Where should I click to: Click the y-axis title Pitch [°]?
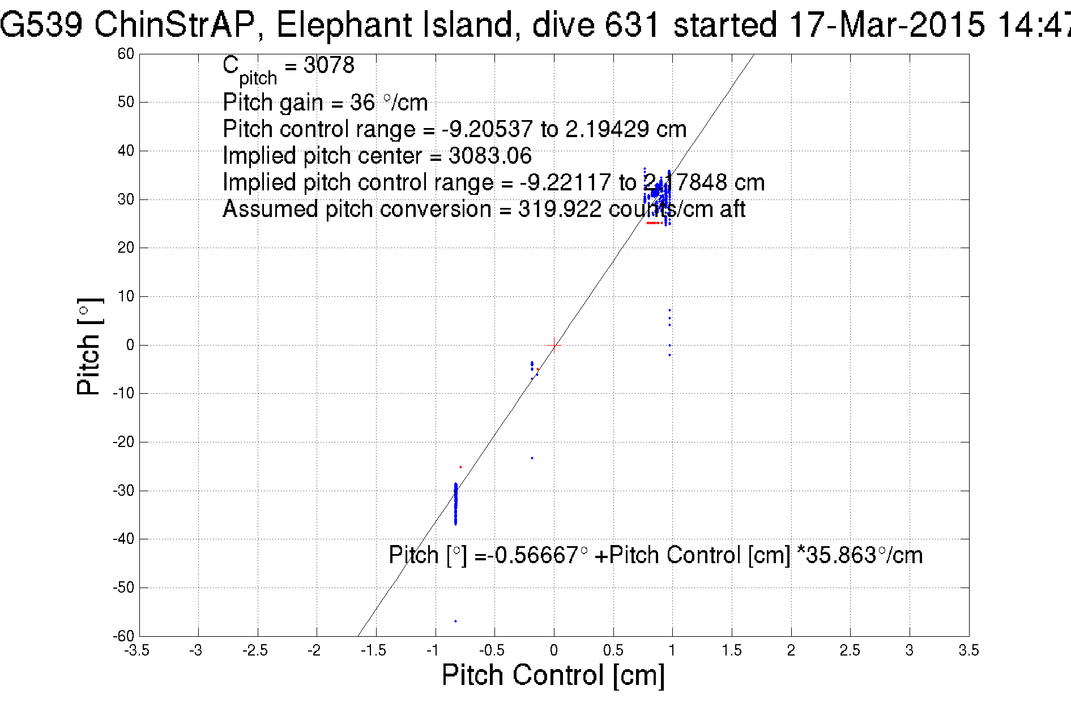tap(89, 346)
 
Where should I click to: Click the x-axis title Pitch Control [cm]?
tap(553, 675)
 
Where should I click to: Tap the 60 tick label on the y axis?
tap(126, 54)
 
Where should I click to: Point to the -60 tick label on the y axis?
tap(123, 636)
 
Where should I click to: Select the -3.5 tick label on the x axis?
tap(136, 650)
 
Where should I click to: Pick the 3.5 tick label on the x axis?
tap(968, 650)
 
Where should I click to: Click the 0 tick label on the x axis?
tap(554, 650)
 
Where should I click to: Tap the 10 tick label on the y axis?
tap(126, 296)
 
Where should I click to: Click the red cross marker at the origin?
tap(554, 345)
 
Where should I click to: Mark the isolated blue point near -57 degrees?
tap(455, 622)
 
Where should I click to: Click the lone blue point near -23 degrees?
tap(532, 458)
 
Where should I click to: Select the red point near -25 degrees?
tap(460, 467)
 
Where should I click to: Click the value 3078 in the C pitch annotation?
tap(329, 65)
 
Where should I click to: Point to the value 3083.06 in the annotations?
tap(490, 156)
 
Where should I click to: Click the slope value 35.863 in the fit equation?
tap(841, 555)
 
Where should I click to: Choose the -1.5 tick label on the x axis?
tap(374, 650)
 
